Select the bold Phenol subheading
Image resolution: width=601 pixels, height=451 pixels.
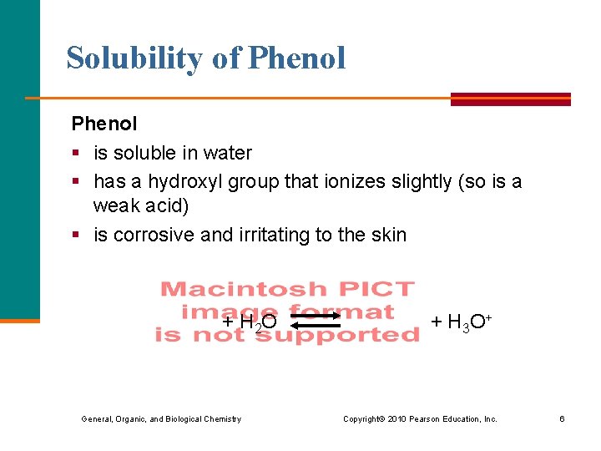pos(104,124)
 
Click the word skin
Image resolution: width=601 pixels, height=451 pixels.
pos(388,235)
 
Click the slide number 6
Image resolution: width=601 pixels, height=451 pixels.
pos(562,418)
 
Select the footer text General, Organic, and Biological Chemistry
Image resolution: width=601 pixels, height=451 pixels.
pos(161,418)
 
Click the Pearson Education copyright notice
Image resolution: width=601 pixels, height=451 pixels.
pos(420,418)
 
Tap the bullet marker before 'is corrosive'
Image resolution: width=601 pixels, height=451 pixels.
pos(75,236)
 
